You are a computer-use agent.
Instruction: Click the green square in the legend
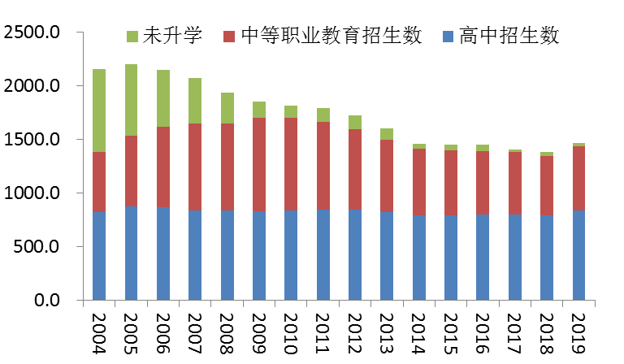(x=132, y=37)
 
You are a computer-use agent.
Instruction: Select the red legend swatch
(x=229, y=37)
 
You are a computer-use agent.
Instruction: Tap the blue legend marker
(x=448, y=37)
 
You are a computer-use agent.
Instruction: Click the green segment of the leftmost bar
(x=99, y=110)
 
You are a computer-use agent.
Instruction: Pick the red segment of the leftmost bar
(x=99, y=182)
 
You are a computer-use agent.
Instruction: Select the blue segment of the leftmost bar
(x=99, y=256)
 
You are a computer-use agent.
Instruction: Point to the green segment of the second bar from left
(x=131, y=100)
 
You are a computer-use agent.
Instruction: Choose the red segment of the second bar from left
(x=131, y=171)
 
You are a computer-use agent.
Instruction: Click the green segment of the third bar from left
(x=163, y=98)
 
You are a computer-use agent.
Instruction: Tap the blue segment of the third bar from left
(x=163, y=253)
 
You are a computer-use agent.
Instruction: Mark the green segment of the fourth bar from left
(x=195, y=101)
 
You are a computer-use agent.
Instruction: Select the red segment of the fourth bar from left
(x=195, y=167)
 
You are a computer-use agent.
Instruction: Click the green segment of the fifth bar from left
(x=227, y=108)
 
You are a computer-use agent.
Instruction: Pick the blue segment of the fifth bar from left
(x=227, y=255)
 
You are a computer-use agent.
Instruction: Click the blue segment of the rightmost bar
(x=578, y=255)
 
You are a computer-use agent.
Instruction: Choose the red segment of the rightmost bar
(x=578, y=179)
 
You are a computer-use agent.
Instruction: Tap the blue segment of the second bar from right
(x=547, y=258)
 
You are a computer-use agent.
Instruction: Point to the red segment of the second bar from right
(x=547, y=186)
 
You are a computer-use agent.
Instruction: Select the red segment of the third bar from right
(x=515, y=184)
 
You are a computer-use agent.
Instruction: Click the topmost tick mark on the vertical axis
(x=80, y=32)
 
